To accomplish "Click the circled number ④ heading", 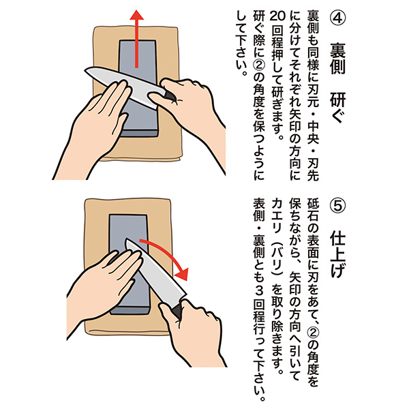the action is (x=338, y=18).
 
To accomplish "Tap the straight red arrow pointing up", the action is (x=137, y=39).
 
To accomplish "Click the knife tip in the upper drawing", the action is (x=85, y=70).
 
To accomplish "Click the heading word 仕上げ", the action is (x=338, y=256).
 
